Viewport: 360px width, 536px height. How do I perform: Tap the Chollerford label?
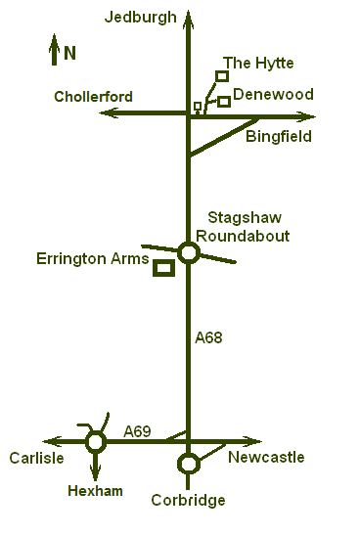(94, 97)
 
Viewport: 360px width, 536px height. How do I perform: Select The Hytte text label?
(258, 64)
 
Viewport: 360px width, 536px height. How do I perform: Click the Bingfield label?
(279, 137)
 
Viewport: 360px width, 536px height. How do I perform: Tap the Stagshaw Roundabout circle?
(189, 253)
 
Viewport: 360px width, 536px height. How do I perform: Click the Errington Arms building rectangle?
(163, 268)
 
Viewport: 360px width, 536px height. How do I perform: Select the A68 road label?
(209, 338)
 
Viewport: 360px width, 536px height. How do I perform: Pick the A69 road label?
(138, 430)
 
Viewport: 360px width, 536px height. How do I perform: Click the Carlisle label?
(37, 458)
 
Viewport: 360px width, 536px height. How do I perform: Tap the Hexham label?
(95, 491)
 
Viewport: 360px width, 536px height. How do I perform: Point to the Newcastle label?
(266, 458)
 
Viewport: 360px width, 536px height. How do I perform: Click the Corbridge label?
(188, 500)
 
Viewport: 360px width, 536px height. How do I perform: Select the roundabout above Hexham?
(95, 442)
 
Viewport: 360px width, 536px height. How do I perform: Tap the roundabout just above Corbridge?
(189, 463)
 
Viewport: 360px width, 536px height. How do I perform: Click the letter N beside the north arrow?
(69, 53)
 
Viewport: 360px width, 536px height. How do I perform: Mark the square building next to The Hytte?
(222, 76)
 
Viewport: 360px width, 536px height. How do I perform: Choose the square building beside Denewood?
(224, 101)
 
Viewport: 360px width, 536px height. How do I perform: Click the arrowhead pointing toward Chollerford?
(109, 113)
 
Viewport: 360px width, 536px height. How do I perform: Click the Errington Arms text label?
(92, 259)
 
